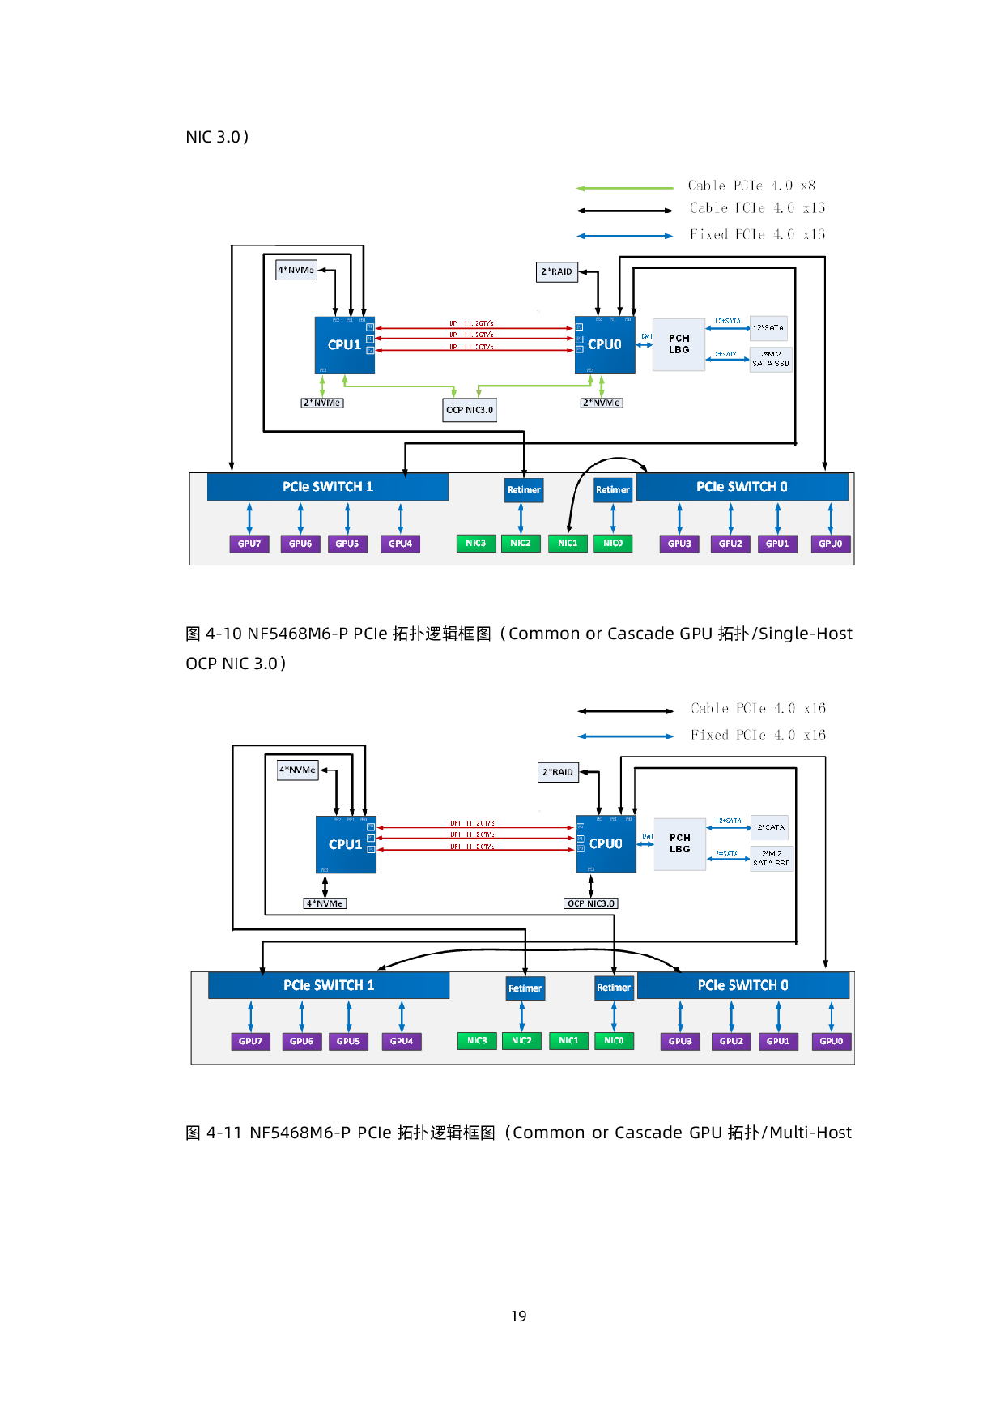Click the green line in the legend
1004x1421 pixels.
point(624,188)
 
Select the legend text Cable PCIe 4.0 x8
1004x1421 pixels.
point(751,186)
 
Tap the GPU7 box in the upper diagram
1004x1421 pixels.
point(249,544)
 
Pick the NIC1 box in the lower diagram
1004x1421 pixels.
point(568,1041)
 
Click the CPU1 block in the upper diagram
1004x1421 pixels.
point(344,345)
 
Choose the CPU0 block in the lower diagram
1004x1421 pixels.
point(606,844)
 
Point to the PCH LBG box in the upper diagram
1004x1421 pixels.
point(679,344)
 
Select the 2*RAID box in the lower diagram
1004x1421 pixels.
point(558,772)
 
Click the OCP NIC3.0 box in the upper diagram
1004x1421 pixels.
point(470,410)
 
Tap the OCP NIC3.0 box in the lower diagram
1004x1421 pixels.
point(591,903)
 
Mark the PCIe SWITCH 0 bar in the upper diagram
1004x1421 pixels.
point(742,487)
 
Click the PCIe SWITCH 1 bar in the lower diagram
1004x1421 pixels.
point(329,985)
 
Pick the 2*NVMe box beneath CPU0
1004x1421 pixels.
point(602,403)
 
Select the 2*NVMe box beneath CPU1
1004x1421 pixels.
point(322,403)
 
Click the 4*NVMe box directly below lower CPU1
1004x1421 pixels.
point(325,903)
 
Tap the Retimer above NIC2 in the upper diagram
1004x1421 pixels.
point(524,489)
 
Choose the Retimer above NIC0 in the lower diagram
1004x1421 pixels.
point(614,988)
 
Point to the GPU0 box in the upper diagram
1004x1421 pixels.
point(831,544)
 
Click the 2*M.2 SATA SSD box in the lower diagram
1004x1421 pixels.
point(771,858)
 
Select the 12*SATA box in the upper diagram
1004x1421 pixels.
point(768,327)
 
